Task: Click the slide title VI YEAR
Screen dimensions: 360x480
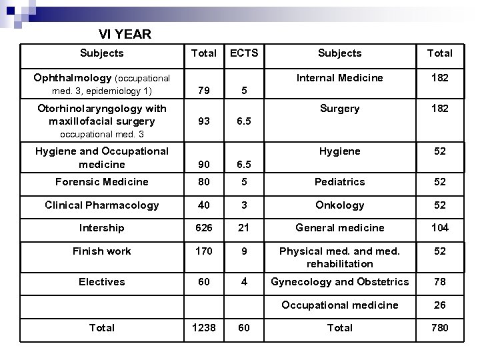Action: tap(125, 34)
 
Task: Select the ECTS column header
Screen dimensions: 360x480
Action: tap(244, 53)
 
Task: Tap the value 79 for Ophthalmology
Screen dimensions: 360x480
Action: tap(203, 91)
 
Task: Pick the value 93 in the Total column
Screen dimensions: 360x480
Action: tap(203, 121)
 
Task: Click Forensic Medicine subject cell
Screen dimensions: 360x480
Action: tap(102, 182)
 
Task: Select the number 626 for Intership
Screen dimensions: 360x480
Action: tap(203, 228)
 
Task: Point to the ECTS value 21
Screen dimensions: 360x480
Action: tap(244, 228)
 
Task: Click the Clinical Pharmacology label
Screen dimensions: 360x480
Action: tap(102, 205)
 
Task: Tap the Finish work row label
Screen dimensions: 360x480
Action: tap(102, 251)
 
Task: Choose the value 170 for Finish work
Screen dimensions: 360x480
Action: tap(203, 251)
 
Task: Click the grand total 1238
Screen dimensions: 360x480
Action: tap(203, 328)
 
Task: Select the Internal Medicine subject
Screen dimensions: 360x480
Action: tap(339, 78)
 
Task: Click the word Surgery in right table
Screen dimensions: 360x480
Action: tap(339, 109)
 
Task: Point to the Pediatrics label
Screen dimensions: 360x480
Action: tap(339, 182)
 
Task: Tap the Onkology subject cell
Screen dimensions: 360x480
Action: tap(339, 205)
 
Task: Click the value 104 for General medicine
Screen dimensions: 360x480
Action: tap(439, 228)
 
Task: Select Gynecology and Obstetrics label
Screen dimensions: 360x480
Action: tap(339, 282)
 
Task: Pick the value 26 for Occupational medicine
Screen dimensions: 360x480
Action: tap(439, 305)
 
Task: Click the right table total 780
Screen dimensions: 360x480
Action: tap(439, 328)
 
